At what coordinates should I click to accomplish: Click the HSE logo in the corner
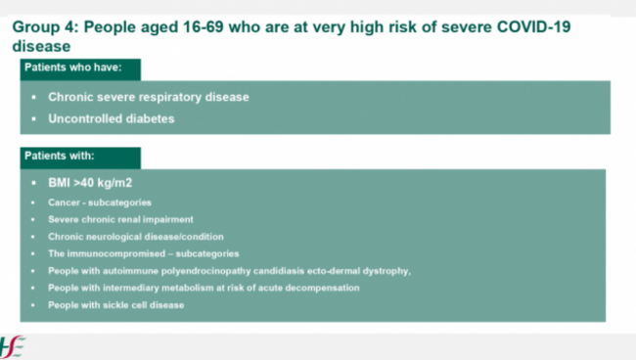click(12, 347)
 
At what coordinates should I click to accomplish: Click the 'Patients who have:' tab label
click(73, 67)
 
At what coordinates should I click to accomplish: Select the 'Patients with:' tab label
click(60, 156)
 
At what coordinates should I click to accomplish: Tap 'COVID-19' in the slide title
click(533, 27)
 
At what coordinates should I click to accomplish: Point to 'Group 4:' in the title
click(45, 27)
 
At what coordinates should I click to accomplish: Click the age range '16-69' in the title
click(203, 27)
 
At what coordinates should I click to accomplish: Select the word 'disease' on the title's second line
click(41, 46)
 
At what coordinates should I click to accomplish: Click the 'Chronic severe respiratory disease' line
click(149, 97)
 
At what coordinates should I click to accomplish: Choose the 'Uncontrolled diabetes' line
click(112, 118)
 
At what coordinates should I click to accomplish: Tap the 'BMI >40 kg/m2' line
click(90, 183)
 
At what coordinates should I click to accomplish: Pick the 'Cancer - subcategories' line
click(100, 202)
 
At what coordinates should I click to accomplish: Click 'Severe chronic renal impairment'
click(120, 219)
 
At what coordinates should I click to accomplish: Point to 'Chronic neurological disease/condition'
click(135, 237)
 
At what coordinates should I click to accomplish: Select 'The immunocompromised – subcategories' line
click(143, 253)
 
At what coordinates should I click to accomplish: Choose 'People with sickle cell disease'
click(116, 305)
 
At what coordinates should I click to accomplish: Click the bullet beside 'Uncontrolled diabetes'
click(33, 119)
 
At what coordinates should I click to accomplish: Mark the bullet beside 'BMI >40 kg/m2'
click(33, 183)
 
